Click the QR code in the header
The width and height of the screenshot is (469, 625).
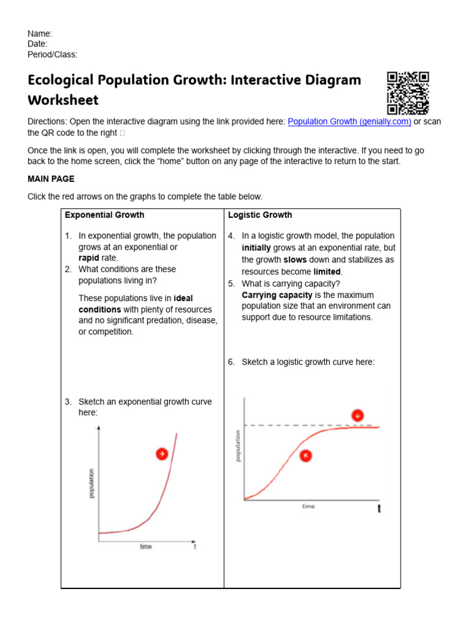(x=408, y=93)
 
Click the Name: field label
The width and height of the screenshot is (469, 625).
(x=40, y=34)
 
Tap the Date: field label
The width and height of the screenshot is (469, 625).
(x=37, y=44)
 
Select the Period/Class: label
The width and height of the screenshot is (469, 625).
(x=53, y=54)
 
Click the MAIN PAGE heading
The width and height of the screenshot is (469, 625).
(x=51, y=179)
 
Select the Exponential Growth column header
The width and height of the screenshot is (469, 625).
(x=104, y=215)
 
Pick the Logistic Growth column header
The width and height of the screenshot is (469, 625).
(x=260, y=215)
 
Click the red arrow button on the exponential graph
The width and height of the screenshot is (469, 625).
(x=162, y=453)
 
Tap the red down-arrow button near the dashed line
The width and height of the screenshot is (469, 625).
(x=357, y=416)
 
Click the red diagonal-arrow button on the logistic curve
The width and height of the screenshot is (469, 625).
(x=306, y=455)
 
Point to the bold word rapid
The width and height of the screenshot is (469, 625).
(x=89, y=258)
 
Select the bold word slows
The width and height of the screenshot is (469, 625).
(x=295, y=259)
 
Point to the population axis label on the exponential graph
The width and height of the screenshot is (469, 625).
(x=92, y=483)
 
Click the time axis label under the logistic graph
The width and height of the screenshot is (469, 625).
(x=308, y=507)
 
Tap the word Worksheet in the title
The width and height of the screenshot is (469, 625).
(x=63, y=99)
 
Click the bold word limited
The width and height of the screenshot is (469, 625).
(x=328, y=272)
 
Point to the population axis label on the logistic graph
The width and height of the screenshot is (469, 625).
(x=238, y=446)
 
